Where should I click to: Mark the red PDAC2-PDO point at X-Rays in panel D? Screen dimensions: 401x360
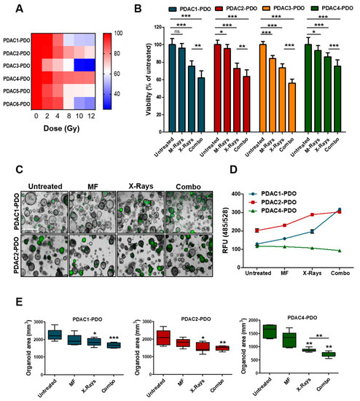[312, 214]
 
